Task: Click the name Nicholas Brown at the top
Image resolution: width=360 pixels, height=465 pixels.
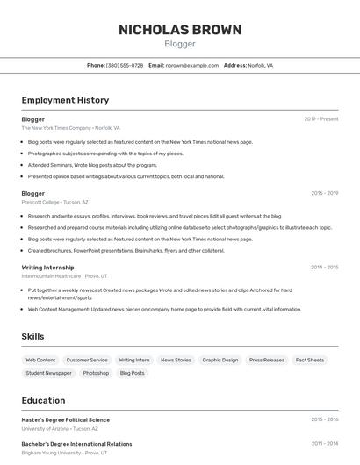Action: pos(180,30)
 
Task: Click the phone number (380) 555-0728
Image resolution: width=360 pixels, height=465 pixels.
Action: pos(124,65)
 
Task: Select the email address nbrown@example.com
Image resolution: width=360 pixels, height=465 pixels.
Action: pos(191,65)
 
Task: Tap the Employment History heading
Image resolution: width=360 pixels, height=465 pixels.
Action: pos(65,100)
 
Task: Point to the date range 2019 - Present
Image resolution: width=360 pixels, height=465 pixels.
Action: pos(320,118)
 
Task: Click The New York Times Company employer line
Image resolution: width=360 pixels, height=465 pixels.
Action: pos(70,128)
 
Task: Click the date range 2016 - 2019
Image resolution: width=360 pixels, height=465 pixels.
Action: pos(324,193)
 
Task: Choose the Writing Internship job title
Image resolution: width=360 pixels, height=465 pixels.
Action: pos(47,267)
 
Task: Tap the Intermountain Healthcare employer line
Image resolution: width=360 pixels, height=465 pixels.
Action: pos(64,275)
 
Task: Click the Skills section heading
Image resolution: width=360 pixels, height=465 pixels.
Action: pos(32,336)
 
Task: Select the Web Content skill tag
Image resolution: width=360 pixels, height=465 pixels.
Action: pos(40,360)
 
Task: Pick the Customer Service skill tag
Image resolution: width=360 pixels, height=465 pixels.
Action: pos(87,360)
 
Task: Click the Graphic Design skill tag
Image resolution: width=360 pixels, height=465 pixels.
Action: pos(220,360)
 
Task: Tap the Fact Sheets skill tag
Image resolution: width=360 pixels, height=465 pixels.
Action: pos(309,360)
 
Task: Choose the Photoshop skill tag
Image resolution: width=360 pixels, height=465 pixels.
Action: pos(96,373)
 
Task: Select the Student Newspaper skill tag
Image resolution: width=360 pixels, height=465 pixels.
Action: pos(48,373)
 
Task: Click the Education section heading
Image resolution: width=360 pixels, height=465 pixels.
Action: pos(43,400)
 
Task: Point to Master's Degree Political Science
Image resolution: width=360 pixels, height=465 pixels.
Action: pos(66,419)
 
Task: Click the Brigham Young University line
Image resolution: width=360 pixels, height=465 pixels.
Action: pos(64,453)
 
